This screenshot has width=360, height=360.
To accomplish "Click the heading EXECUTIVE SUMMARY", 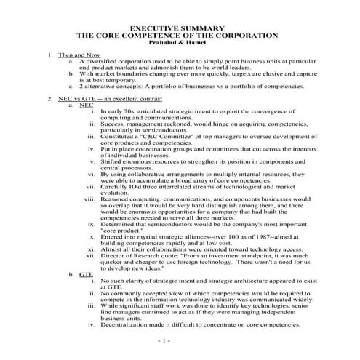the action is click(x=179, y=27).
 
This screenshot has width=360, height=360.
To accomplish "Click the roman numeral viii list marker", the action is click(x=89, y=199).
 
